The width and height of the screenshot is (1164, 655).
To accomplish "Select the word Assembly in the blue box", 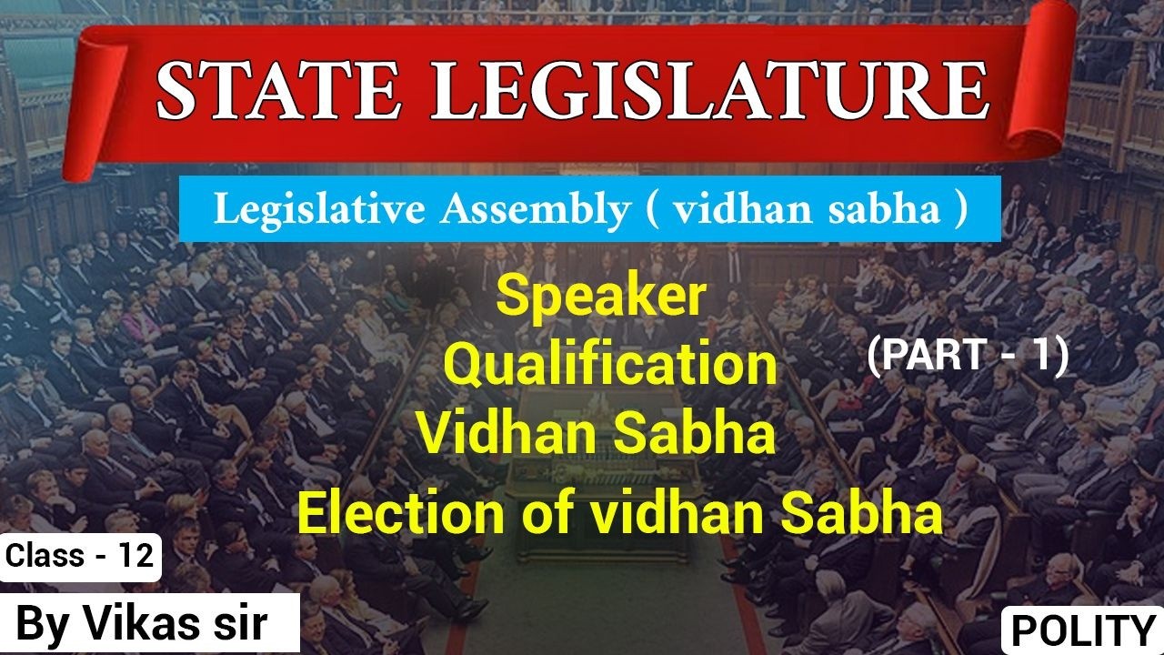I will pos(532,210).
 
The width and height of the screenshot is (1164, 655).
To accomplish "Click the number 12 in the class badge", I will pos(135,556).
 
